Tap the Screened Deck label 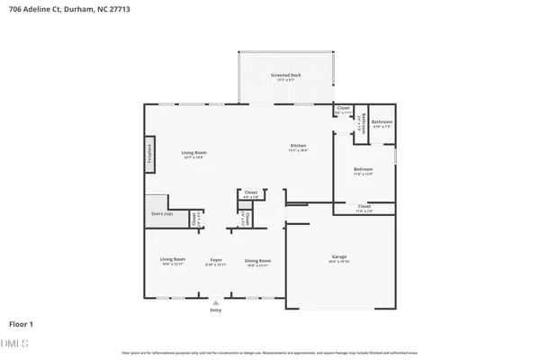(286, 76)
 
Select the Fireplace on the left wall (149, 154)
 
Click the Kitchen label (298, 147)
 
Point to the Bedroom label (364, 169)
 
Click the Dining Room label (257, 261)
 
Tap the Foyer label (215, 261)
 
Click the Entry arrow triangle (215, 303)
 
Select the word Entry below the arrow (215, 310)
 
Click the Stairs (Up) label (161, 214)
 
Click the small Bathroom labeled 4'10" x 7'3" (382, 122)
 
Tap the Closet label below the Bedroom (364, 207)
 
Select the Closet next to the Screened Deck (343, 109)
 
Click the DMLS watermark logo (15, 343)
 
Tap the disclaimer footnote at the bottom (270, 352)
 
